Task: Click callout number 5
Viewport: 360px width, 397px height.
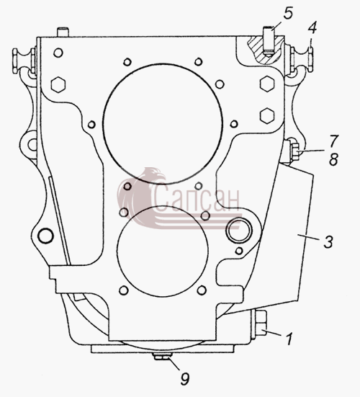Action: [288, 13]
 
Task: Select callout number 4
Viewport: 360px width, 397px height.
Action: [312, 28]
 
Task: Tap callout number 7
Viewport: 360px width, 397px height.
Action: [333, 140]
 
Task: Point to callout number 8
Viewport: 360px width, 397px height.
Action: [333, 159]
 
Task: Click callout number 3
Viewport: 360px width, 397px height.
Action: [328, 241]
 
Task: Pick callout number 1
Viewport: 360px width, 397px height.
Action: [289, 339]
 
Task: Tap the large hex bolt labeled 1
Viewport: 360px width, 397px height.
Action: [261, 323]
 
